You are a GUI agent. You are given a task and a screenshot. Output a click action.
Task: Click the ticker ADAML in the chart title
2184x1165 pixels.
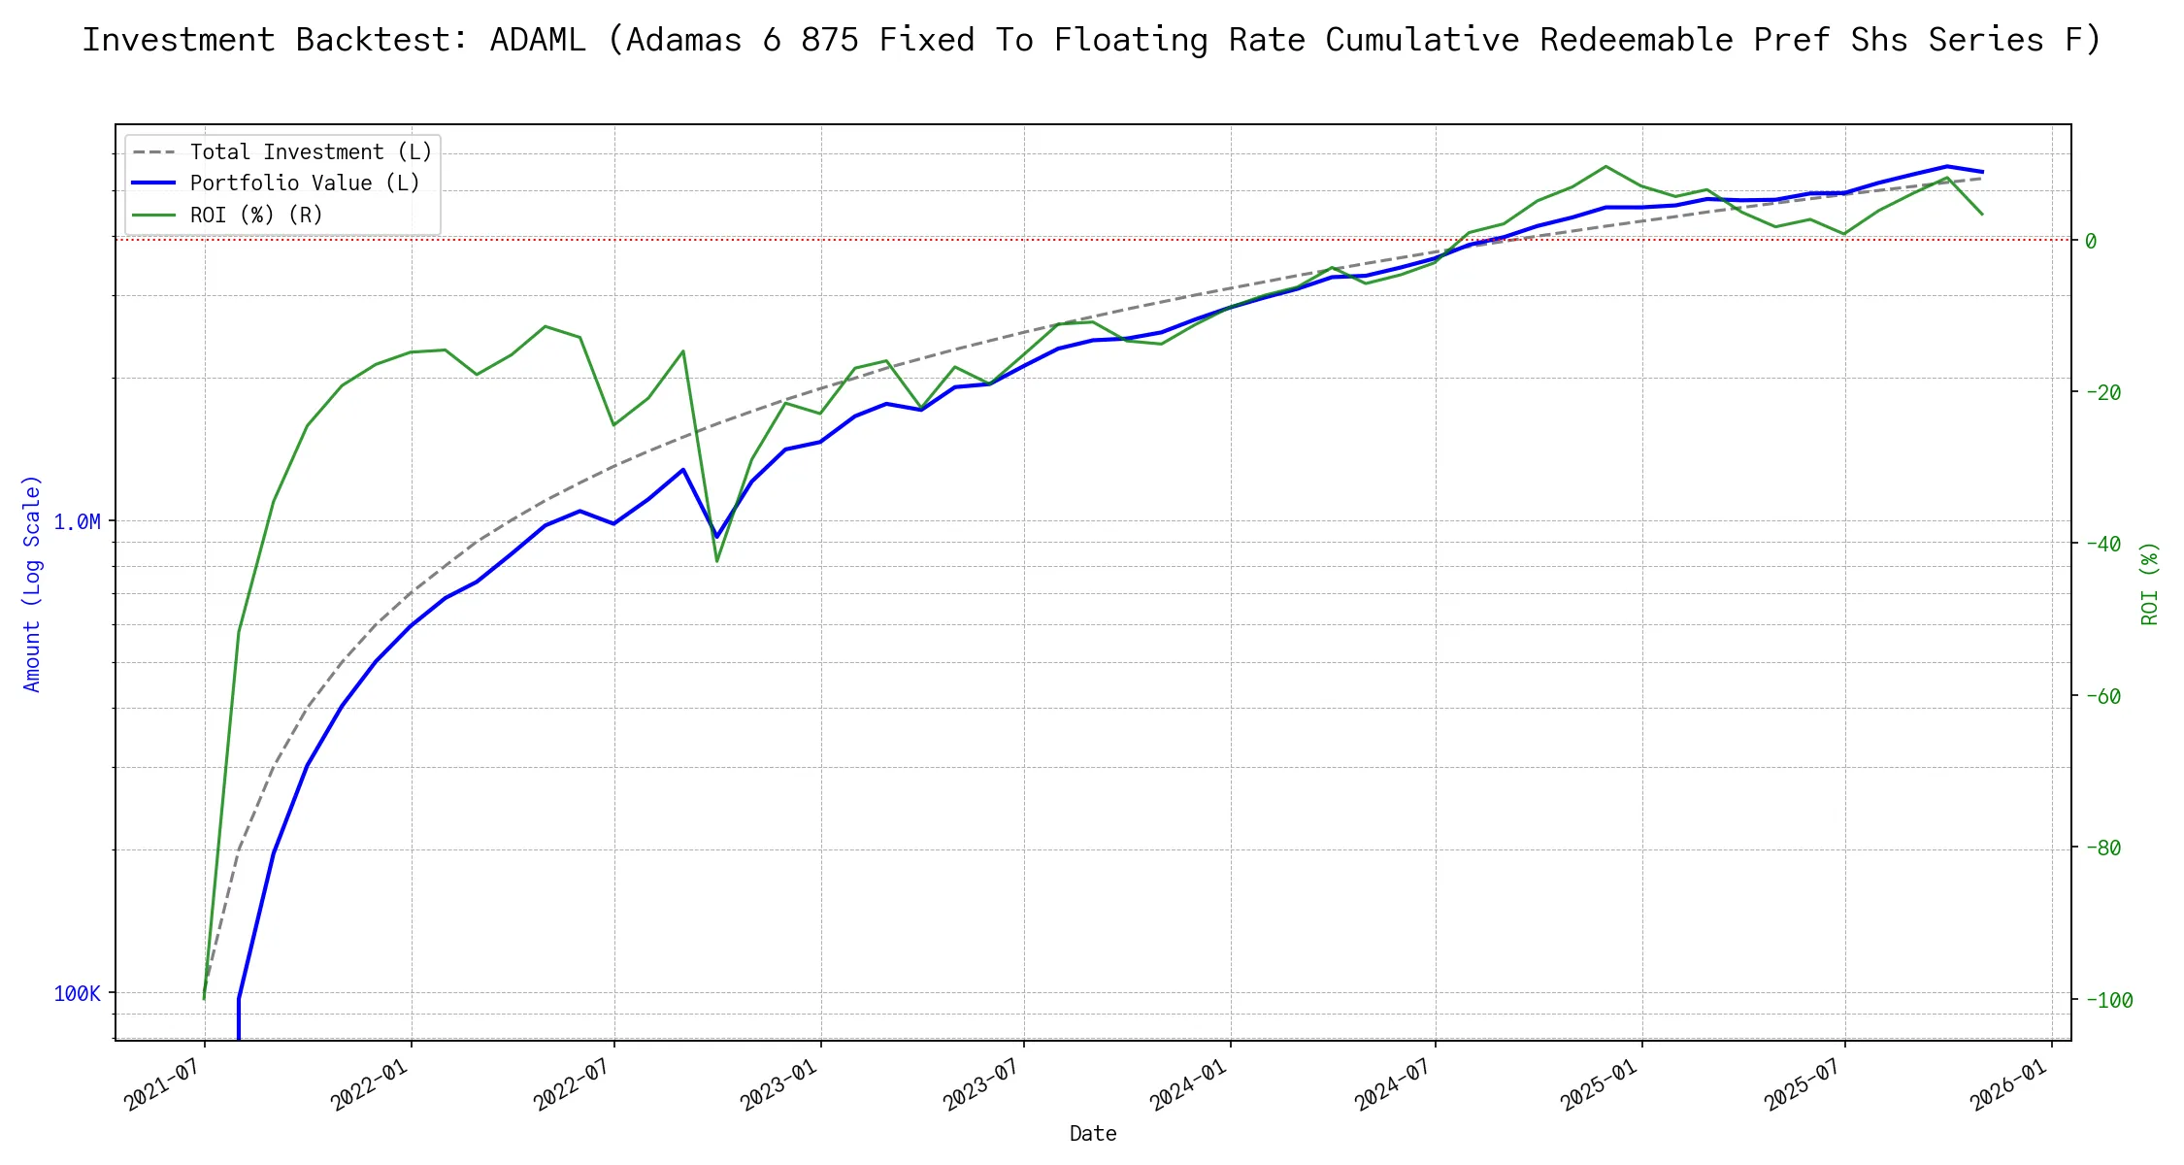coord(537,40)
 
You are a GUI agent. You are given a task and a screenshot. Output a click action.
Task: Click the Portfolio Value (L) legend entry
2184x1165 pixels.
coord(305,183)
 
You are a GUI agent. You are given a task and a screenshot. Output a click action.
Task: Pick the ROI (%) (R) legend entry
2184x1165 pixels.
coord(256,215)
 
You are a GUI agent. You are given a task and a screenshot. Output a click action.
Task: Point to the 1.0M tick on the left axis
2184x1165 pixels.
coord(77,522)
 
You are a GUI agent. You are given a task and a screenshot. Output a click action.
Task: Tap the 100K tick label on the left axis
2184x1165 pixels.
coord(77,994)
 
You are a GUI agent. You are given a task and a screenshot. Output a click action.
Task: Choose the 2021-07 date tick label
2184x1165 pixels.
coord(164,1084)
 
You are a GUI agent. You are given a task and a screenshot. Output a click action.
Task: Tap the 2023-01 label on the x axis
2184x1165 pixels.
coord(779,1084)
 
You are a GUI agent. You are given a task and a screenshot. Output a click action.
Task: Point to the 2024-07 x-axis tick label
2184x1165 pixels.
coord(1394,1084)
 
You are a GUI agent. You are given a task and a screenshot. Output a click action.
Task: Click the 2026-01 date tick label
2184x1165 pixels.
coord(2009,1084)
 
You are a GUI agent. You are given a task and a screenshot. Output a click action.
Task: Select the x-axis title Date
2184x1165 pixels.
coord(1093,1134)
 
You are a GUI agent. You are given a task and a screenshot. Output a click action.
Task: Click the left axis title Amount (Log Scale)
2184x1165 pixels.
coord(32,582)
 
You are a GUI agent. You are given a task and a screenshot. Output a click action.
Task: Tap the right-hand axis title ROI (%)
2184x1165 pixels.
coord(2150,582)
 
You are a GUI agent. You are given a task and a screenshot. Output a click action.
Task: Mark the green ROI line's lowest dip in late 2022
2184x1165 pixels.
coord(717,561)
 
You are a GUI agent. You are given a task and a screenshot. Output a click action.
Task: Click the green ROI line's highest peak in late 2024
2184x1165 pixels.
coord(1606,166)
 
